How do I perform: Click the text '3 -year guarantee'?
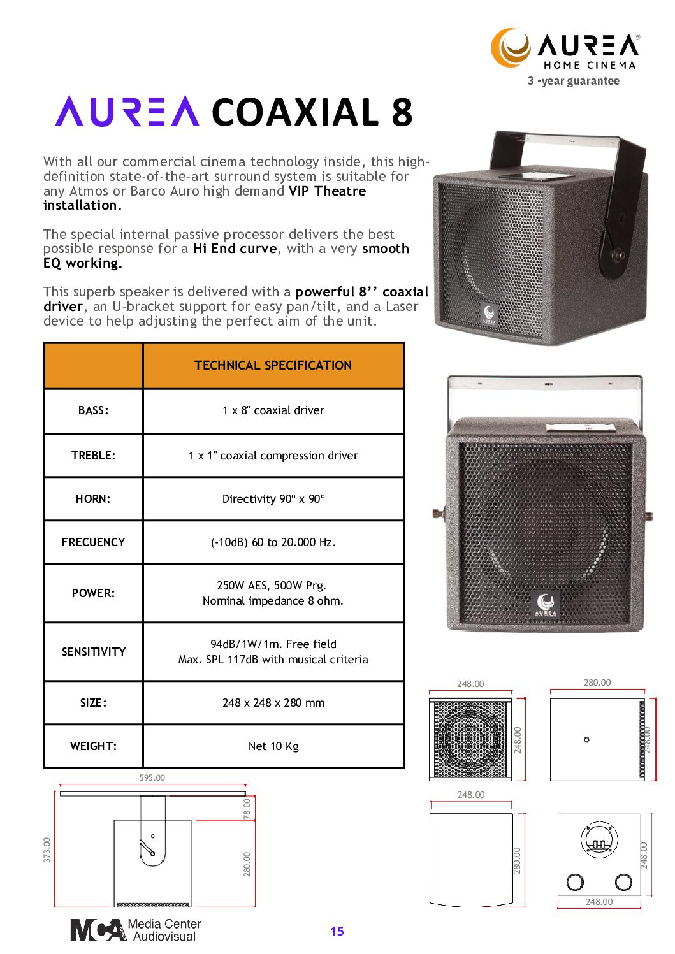point(573,81)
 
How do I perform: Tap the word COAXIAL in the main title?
point(295,112)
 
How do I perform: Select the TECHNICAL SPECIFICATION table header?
point(273,365)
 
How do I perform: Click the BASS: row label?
point(93,410)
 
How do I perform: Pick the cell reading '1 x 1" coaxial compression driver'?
point(273,456)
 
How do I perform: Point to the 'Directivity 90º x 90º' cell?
point(273,499)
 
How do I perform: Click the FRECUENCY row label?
point(93,542)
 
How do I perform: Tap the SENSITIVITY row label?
point(93,651)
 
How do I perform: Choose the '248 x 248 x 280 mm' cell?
point(273,703)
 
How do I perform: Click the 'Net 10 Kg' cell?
point(273,746)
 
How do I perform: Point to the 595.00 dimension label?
point(152,777)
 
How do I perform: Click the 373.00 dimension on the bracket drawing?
point(47,850)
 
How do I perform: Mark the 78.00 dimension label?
point(247,809)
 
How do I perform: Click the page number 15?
point(337,931)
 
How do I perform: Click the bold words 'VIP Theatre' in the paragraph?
point(327,191)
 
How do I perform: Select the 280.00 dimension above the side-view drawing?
point(597,683)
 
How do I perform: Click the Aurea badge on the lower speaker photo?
point(546,604)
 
